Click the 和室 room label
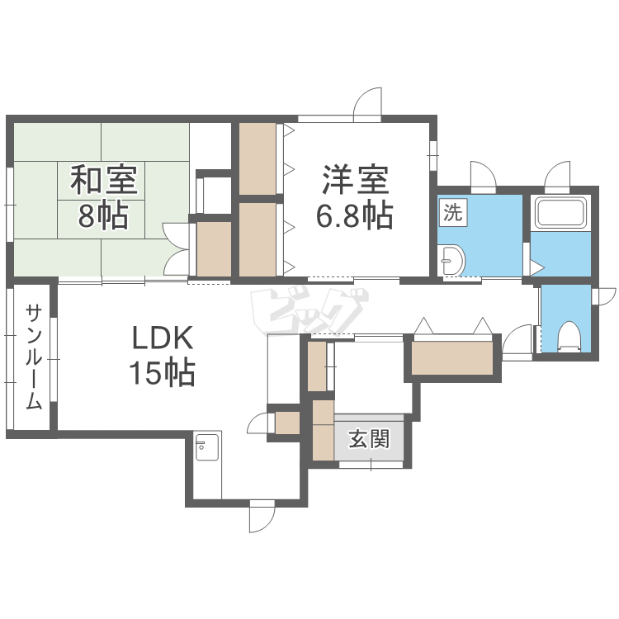104,180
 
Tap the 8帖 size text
103,215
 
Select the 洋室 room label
356,180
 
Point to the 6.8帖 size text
355,215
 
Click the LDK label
163,338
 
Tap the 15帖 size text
163,372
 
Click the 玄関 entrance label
369,438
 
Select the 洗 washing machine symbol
453,213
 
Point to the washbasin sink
451,260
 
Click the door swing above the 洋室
368,102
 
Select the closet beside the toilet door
452,358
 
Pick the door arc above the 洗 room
483,174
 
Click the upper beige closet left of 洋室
258,158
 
